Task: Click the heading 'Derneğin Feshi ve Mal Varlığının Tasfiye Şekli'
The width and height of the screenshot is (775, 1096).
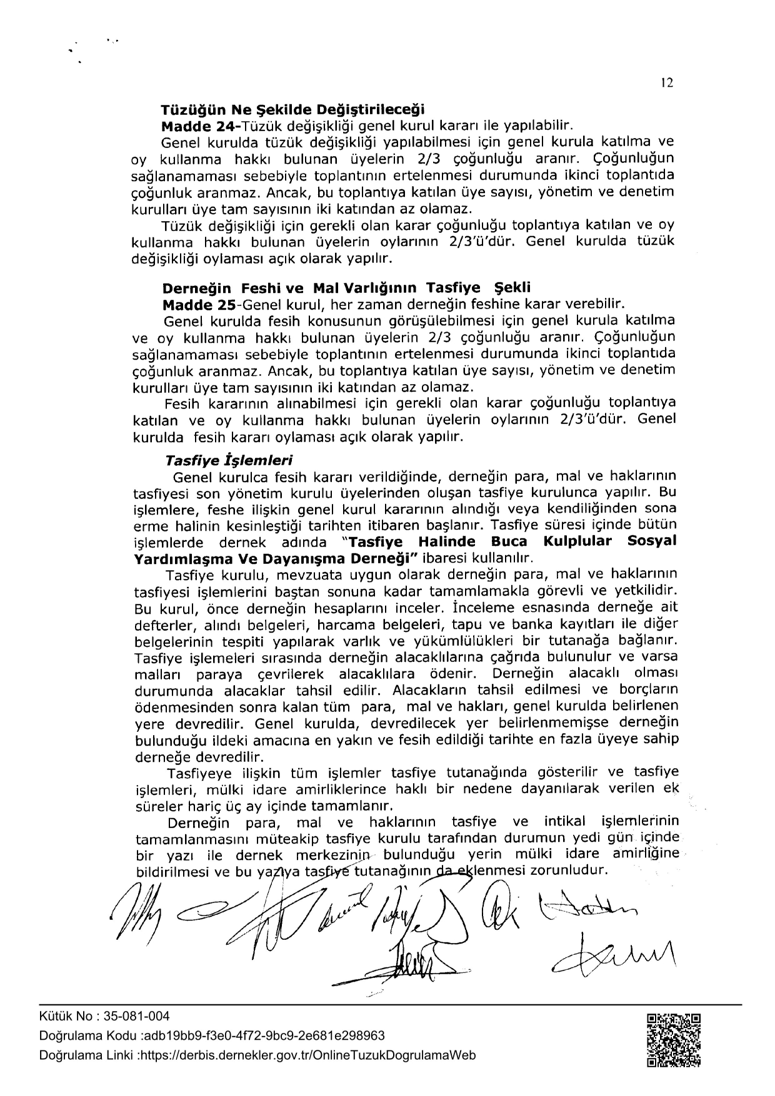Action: click(x=346, y=289)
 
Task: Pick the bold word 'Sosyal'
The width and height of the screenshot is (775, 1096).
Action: click(x=651, y=541)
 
